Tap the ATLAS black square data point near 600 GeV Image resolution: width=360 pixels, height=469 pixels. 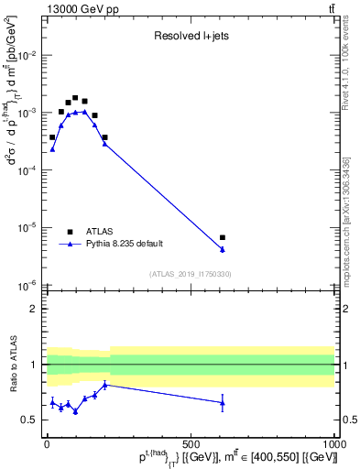click(x=223, y=237)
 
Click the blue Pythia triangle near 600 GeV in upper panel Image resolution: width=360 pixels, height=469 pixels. click(x=223, y=249)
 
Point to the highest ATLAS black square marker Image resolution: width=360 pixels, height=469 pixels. click(x=75, y=97)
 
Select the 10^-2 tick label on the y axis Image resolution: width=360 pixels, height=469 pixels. click(x=30, y=55)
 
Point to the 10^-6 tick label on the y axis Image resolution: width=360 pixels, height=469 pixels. click(x=30, y=285)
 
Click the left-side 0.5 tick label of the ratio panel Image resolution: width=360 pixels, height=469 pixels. click(x=32, y=420)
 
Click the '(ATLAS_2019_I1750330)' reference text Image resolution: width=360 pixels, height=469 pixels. click(x=190, y=274)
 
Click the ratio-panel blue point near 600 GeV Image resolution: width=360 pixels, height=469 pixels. click(x=223, y=402)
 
